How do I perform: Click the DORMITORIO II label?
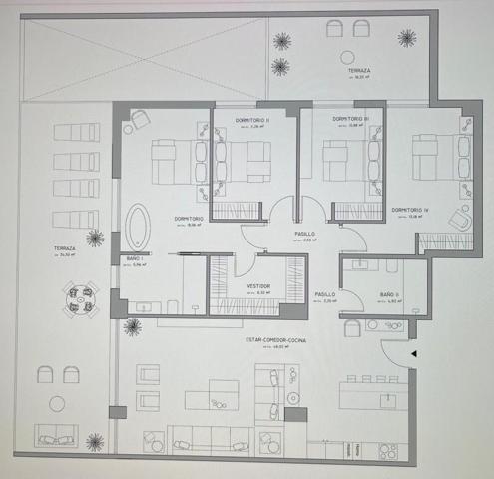[x=253, y=119]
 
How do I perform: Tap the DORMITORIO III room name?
[x=351, y=119]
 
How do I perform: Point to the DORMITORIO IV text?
[x=411, y=210]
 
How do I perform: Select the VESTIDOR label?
[x=258, y=286]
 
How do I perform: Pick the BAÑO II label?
[x=389, y=294]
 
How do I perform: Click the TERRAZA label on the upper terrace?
[x=359, y=71]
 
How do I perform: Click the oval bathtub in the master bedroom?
[x=137, y=229]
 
